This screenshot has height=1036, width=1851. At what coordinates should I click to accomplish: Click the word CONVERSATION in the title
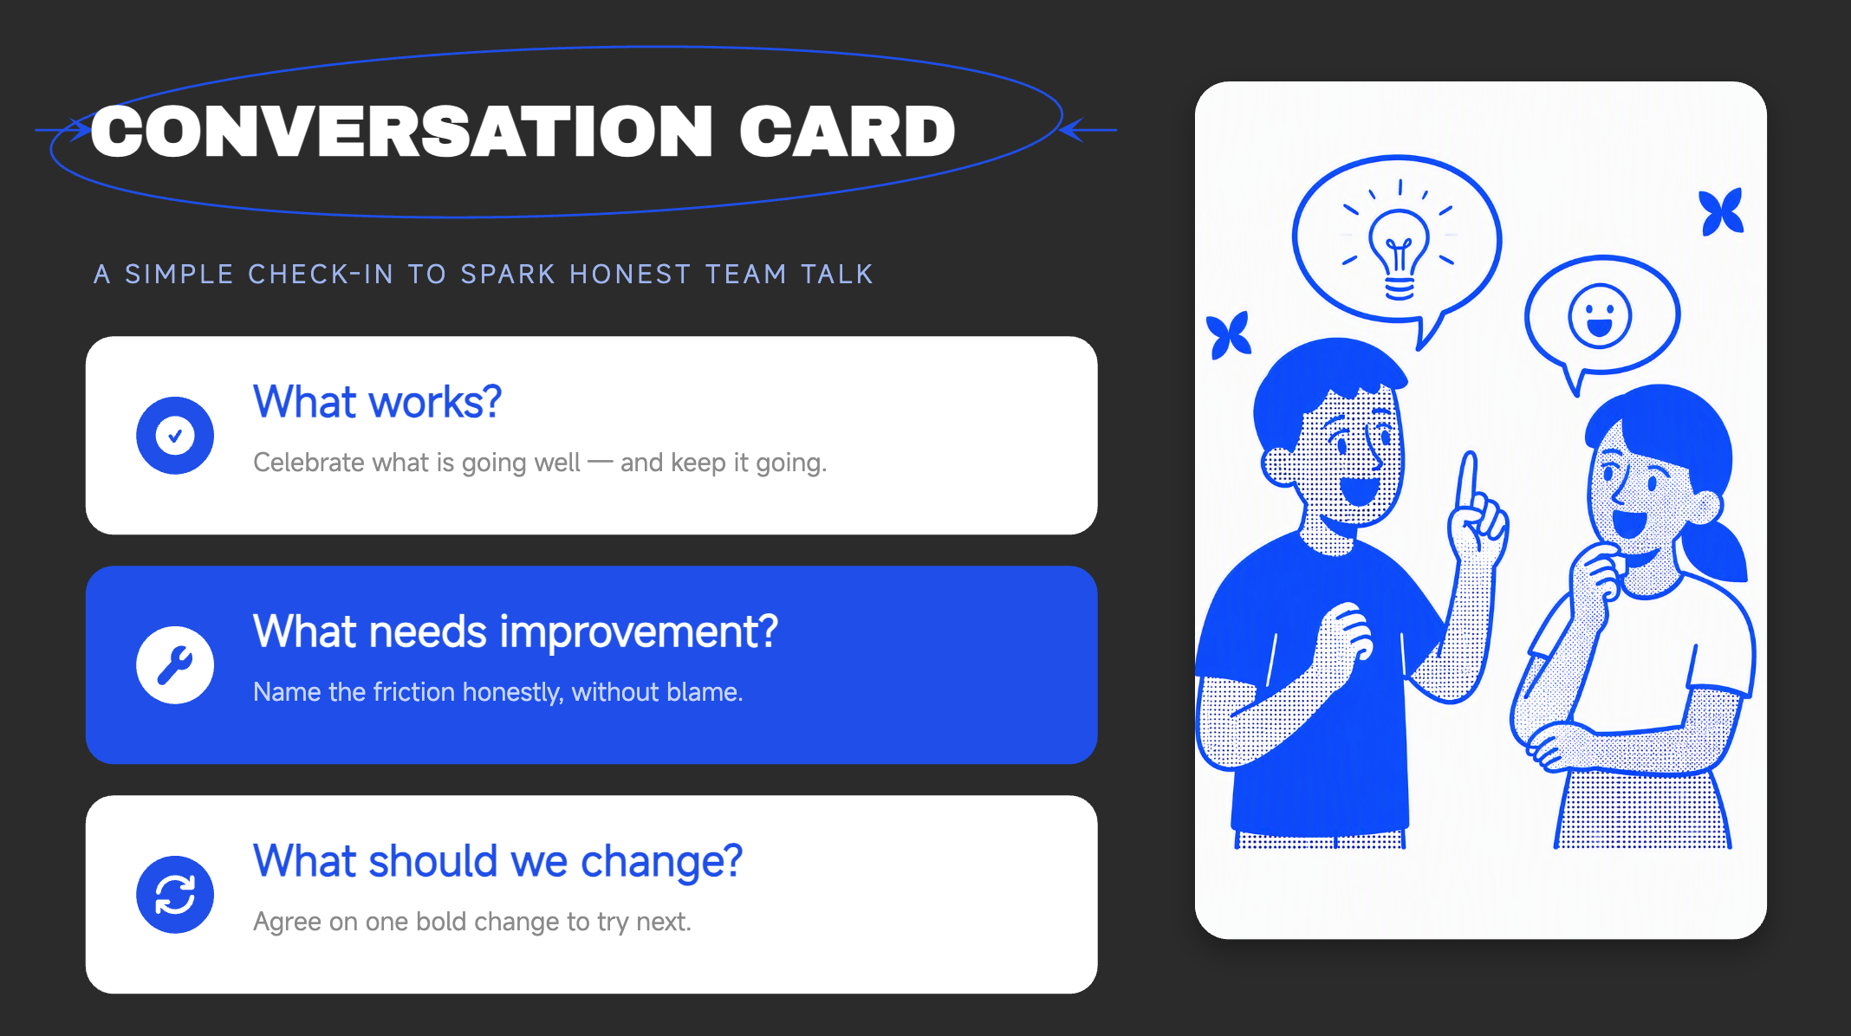point(401,132)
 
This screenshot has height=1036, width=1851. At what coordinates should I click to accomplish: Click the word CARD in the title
point(847,132)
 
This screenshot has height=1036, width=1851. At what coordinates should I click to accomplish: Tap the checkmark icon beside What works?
point(175,436)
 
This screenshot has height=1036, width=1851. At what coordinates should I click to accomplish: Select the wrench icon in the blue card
point(175,665)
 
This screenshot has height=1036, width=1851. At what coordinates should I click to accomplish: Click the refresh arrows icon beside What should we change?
point(175,895)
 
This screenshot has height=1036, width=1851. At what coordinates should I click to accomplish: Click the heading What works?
point(377,402)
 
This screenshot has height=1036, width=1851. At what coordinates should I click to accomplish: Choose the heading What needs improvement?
point(516,631)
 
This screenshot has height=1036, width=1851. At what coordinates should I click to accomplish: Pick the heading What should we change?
point(498,862)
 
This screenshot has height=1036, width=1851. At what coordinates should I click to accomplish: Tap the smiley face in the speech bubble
point(1600,316)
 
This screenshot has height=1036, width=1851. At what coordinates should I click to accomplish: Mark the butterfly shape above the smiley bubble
point(1721,211)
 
